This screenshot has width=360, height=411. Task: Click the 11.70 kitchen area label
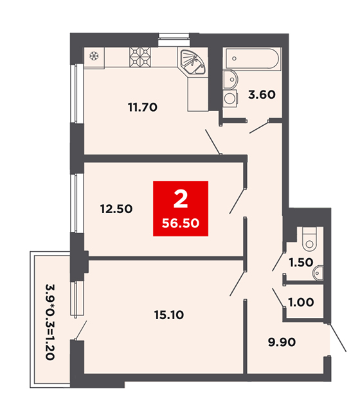143,107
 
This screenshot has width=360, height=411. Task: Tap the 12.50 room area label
116,209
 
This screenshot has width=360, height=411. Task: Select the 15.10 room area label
169,315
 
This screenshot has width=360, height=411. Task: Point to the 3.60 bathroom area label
262,94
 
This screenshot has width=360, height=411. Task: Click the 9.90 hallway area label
282,342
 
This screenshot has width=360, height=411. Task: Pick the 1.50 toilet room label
301,263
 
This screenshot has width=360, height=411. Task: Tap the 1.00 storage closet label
301,302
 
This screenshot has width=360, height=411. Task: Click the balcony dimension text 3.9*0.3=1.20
50,322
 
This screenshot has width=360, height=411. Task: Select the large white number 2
181,199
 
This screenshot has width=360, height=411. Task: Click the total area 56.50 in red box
181,223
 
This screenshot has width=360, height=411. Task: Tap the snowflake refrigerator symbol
94,56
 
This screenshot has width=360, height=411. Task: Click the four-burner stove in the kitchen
140,57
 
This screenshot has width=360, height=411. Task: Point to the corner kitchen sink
194,62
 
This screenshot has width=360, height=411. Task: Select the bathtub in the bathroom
252,58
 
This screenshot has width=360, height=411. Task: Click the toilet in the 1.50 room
309,238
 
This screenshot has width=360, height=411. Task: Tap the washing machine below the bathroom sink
230,98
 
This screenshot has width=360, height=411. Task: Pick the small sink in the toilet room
318,273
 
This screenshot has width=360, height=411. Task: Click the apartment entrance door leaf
337,338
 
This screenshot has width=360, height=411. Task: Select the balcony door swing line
81,330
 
